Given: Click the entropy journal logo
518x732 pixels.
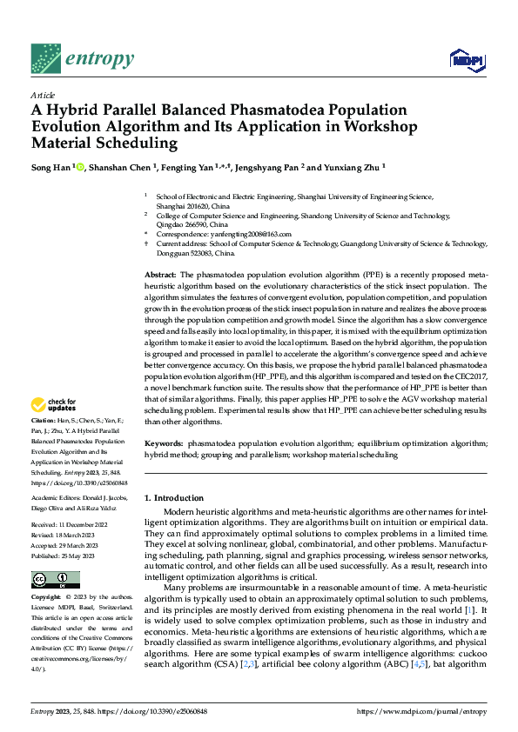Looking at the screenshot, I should (82, 57).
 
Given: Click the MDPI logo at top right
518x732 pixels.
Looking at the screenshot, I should (467, 58).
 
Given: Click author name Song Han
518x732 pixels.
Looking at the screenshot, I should (50, 166).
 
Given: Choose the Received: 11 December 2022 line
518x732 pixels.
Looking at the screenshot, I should (69, 526).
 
